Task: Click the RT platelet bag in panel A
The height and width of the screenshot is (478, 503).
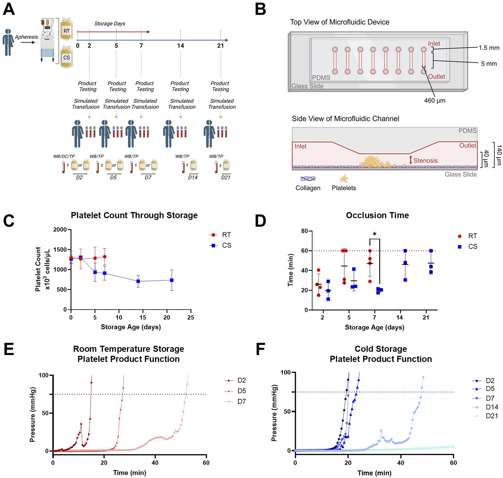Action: [x=66, y=29]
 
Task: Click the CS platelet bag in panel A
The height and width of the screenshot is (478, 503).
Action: [x=66, y=57]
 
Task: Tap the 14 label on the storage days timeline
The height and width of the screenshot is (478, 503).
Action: [x=181, y=46]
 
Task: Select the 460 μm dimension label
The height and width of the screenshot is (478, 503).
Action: [x=435, y=101]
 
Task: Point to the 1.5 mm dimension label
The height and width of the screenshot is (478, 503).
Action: [x=489, y=48]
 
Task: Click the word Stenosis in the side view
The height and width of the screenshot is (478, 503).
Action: [x=425, y=160]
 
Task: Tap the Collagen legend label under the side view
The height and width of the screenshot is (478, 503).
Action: [x=308, y=188]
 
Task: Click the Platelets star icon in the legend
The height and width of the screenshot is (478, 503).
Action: [x=344, y=179]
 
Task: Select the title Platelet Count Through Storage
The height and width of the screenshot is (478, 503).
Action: [x=134, y=215]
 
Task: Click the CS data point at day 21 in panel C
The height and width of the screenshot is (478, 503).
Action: [x=172, y=280]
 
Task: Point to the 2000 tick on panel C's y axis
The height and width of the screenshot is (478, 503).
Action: [x=60, y=229]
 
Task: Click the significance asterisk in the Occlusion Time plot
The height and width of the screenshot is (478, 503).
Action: [x=375, y=234]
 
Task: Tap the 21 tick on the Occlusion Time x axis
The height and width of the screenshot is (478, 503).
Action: [x=426, y=318]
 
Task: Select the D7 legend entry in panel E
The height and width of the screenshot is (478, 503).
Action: [x=241, y=402]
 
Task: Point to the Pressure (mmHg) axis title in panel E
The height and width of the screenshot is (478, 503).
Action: [x=32, y=414]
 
